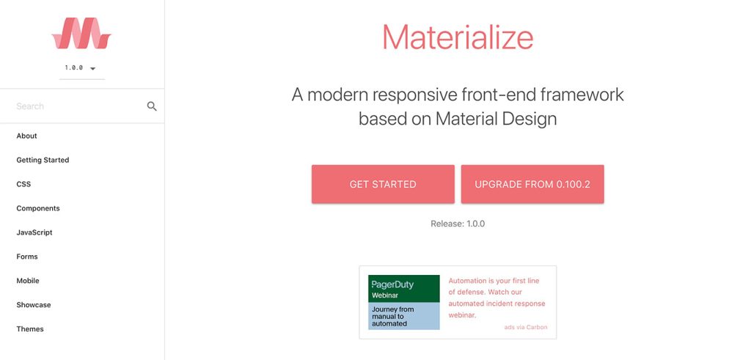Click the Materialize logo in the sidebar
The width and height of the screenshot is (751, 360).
pos(81,34)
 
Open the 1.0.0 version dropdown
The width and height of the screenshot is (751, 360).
pos(81,68)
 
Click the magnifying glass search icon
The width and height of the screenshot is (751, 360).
pos(152,106)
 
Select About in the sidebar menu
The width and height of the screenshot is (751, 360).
pos(27,136)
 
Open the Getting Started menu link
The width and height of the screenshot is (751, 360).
pos(43,160)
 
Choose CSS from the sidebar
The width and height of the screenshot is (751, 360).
pos(23,184)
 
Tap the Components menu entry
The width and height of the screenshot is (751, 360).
pos(38,208)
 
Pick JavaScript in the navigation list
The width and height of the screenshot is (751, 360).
pos(34,232)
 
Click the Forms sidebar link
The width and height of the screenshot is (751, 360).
pos(27,257)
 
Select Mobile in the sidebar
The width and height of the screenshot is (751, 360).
pos(28,281)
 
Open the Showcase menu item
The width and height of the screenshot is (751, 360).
pos(34,305)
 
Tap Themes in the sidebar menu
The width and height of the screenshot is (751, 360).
pos(30,329)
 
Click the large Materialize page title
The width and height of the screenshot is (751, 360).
pos(458,37)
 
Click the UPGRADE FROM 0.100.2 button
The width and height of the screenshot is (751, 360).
pos(532,184)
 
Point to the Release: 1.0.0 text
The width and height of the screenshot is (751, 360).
pos(458,224)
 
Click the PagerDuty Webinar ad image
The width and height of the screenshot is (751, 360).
pos(404,302)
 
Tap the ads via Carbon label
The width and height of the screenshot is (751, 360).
pos(525,327)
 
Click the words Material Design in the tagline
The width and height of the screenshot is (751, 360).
pos(496,119)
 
